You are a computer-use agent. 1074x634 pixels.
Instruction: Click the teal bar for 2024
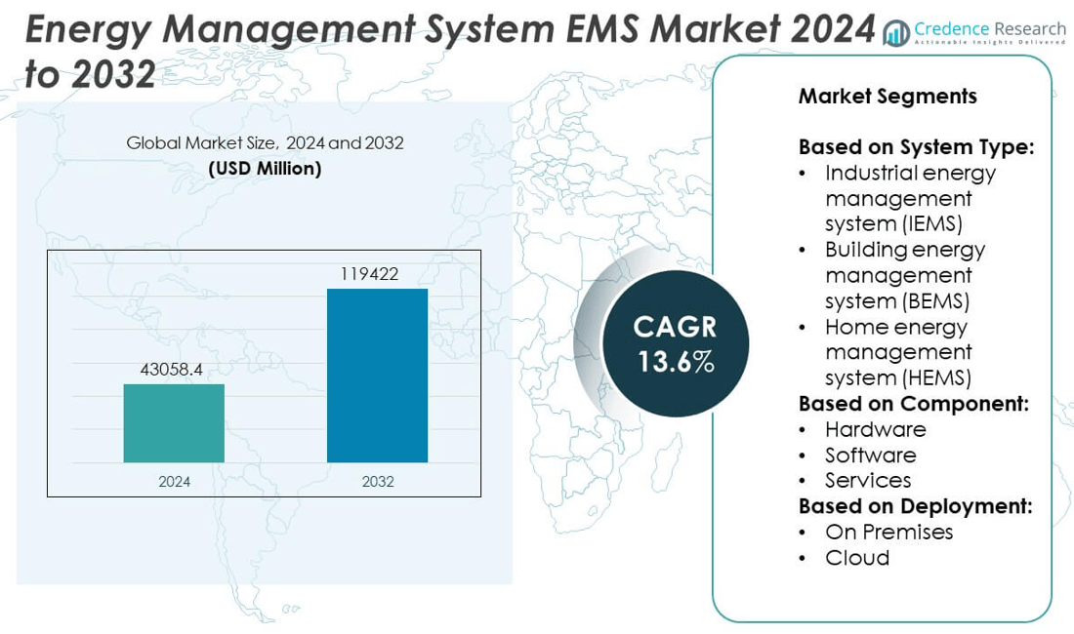pyautogui.click(x=174, y=422)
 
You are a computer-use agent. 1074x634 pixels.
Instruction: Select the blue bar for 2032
pyautogui.click(x=377, y=376)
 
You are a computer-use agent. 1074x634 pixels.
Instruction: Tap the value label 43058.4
pyautogui.click(x=174, y=371)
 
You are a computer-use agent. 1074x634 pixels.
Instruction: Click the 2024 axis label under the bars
pyautogui.click(x=174, y=482)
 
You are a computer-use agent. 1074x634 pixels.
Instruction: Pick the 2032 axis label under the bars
pyautogui.click(x=377, y=482)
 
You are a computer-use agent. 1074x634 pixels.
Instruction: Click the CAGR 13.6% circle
pyautogui.click(x=676, y=344)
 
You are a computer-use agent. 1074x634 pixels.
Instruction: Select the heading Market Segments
pyautogui.click(x=887, y=96)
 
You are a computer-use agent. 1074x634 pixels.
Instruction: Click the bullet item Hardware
pyautogui.click(x=875, y=429)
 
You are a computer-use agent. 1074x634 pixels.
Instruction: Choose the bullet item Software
pyautogui.click(x=870, y=455)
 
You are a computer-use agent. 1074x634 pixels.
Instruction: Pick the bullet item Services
pyautogui.click(x=868, y=480)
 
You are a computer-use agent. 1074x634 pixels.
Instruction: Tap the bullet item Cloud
pyautogui.click(x=857, y=557)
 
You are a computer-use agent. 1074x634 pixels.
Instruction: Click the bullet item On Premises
pyautogui.click(x=888, y=532)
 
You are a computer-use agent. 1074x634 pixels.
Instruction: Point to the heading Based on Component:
pyautogui.click(x=913, y=404)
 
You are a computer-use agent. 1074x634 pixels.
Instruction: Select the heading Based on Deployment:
pyautogui.click(x=915, y=506)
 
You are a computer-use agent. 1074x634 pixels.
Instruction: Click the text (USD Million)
pyautogui.click(x=265, y=168)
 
